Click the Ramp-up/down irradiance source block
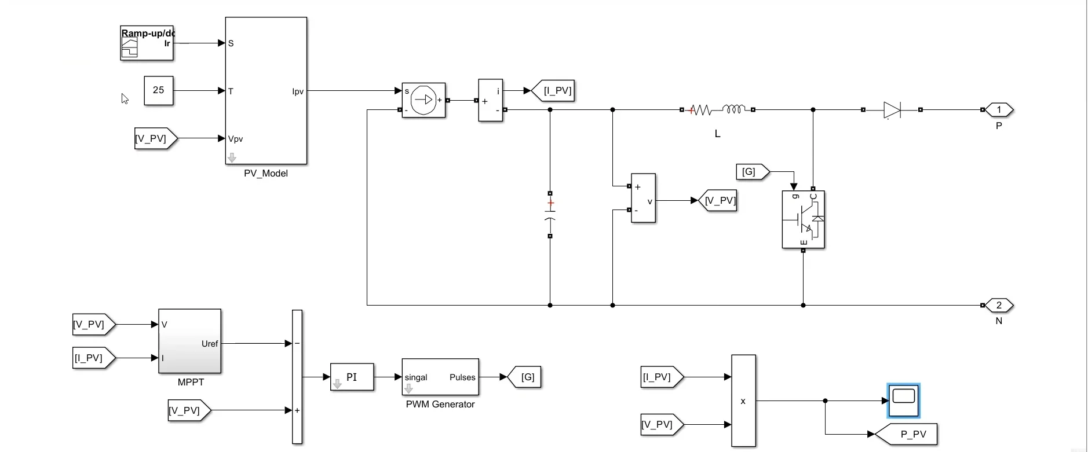(147, 43)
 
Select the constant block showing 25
(159, 90)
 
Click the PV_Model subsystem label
(266, 174)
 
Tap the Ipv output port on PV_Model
(298, 91)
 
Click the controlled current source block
(423, 100)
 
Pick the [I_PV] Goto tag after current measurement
(553, 91)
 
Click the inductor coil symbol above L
(734, 109)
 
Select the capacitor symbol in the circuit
(550, 215)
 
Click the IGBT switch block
(803, 219)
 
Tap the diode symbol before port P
(892, 110)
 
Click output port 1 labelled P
(998, 109)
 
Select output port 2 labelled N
(998, 305)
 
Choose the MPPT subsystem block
(190, 341)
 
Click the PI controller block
(352, 377)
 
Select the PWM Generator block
(440, 377)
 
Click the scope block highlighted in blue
(903, 400)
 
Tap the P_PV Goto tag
(906, 434)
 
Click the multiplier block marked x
(743, 400)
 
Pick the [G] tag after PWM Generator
(524, 377)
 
